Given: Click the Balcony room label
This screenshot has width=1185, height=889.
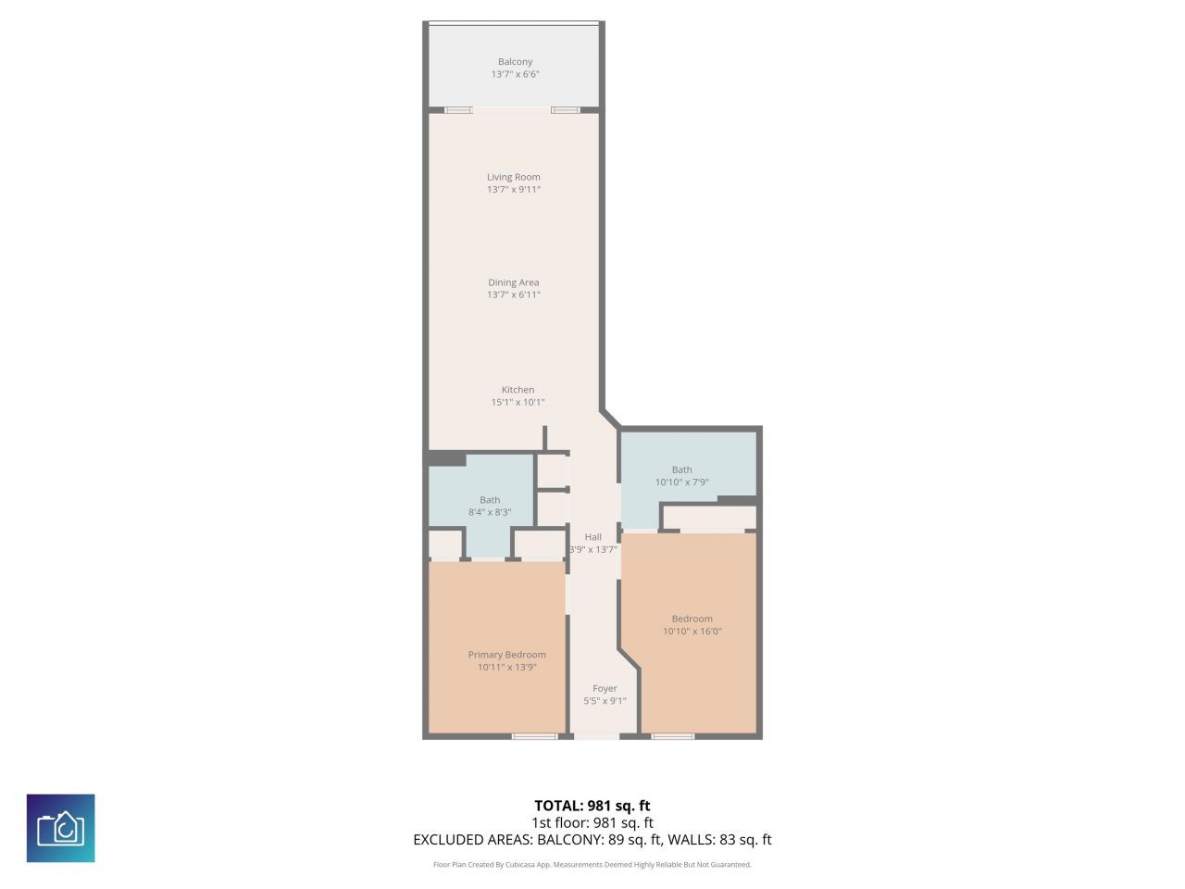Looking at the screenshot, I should [515, 62].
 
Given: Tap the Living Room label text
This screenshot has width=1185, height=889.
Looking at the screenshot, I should [514, 177].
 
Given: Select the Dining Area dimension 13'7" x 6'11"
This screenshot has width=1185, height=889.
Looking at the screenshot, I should [514, 295].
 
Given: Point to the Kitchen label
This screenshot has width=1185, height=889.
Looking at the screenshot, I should [518, 390].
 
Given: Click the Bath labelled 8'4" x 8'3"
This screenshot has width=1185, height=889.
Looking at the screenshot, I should [490, 506].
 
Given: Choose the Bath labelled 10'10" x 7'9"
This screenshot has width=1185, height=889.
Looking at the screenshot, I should [681, 475].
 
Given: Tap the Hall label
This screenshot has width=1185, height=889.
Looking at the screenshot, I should [593, 537].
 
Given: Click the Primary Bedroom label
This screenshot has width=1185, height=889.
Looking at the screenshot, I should [506, 655].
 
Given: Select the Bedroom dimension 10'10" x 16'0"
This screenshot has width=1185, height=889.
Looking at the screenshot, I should [692, 632].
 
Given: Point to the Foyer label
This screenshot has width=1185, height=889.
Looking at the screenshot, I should [605, 689].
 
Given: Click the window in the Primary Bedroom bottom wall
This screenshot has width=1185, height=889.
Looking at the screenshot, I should [535, 736].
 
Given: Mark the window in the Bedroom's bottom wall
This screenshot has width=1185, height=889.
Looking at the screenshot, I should [672, 736].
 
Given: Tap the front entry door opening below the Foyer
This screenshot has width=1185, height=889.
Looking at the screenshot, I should [595, 736].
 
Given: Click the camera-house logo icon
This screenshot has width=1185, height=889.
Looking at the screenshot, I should [61, 828].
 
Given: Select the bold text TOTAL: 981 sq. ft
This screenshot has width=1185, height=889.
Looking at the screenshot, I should [592, 806].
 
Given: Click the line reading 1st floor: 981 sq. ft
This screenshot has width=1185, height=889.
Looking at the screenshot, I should [592, 822].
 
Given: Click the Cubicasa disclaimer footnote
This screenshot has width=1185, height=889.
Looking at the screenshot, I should [592, 865].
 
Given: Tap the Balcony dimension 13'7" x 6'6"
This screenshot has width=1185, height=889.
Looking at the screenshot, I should [515, 74].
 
